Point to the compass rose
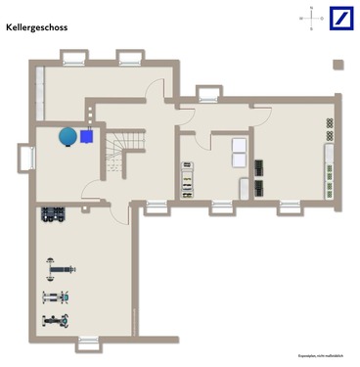311,18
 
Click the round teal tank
67,135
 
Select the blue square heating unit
89,136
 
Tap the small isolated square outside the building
338,66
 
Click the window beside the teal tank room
25,155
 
